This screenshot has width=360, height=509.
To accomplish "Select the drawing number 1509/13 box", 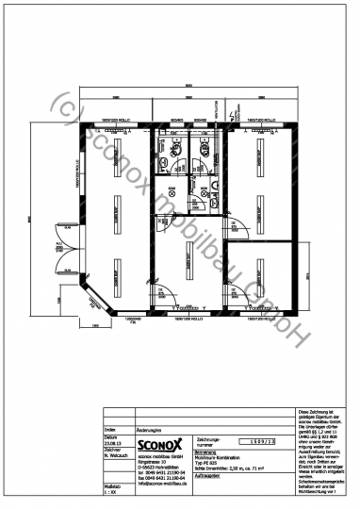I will click(x=263, y=440).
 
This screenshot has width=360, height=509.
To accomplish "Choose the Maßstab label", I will click(x=113, y=484).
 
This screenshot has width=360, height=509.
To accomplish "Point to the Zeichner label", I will click(x=112, y=451).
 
